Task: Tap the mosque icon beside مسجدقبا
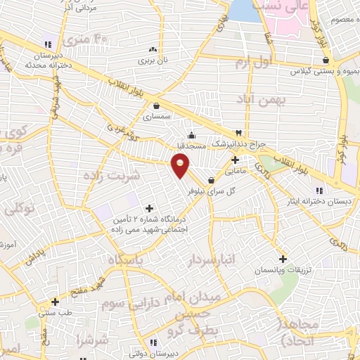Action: point(191,136)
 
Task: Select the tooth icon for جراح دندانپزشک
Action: point(238,133)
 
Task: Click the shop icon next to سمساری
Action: point(155,106)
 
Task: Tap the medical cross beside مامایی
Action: point(235,159)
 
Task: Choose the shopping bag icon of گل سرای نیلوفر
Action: point(211,180)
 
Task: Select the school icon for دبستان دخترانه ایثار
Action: point(319,190)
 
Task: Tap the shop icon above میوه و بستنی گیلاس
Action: point(324,60)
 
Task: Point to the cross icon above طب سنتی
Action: point(55,302)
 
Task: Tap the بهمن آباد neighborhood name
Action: point(263,100)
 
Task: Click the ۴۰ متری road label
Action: point(94,39)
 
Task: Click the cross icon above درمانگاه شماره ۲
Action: point(148,208)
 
